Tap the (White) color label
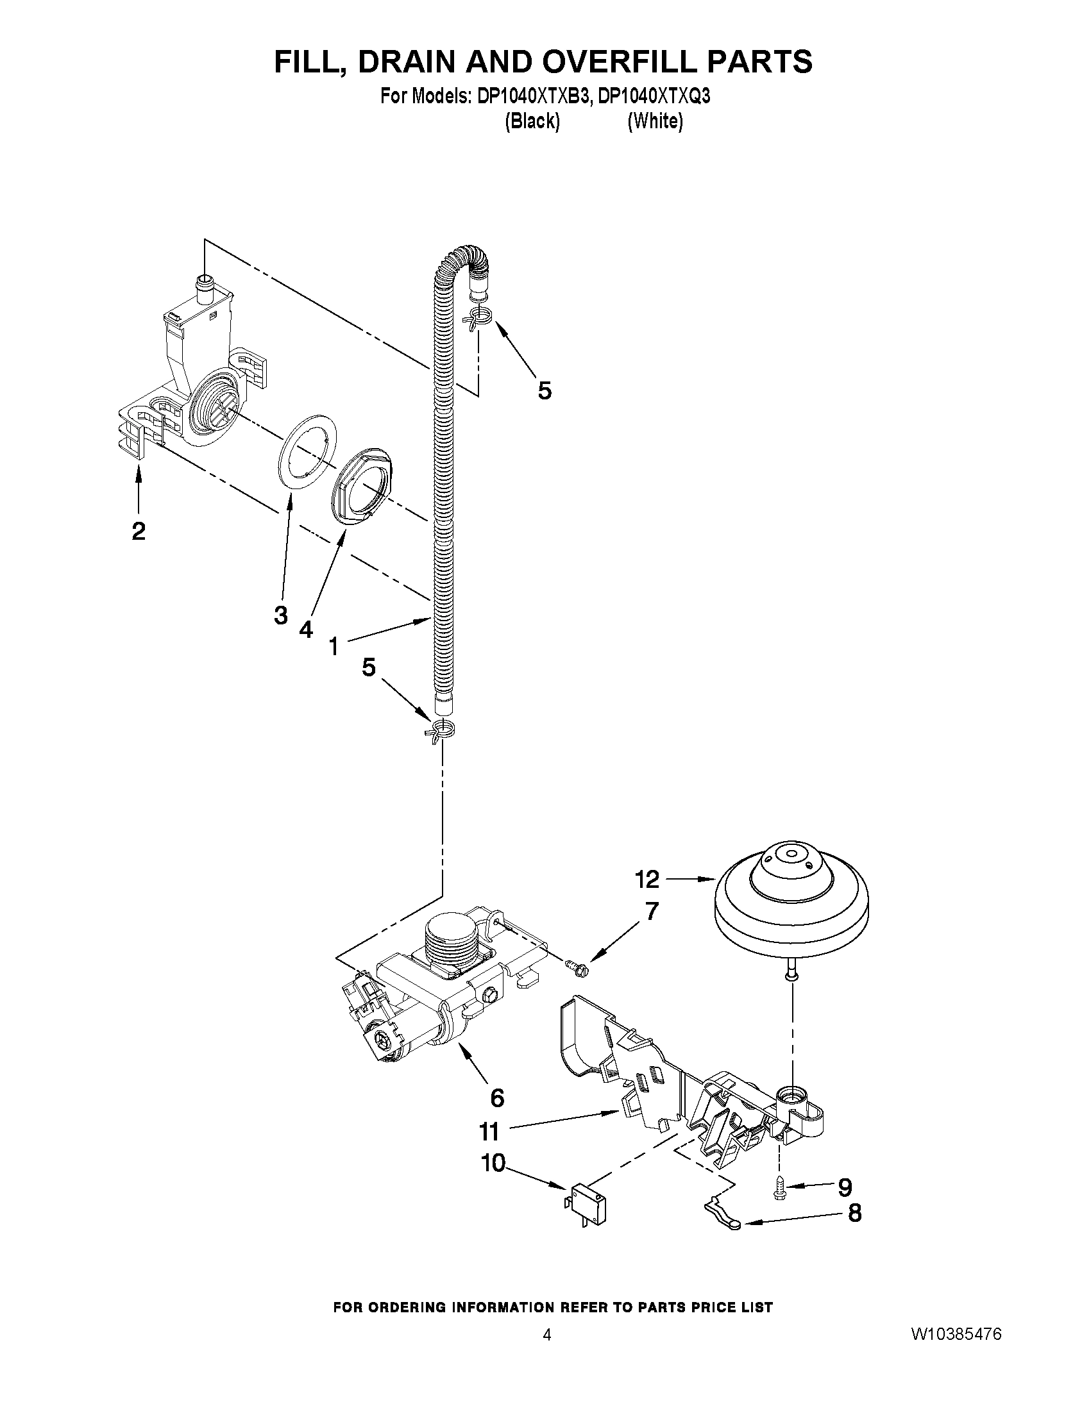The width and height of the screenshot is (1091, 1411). tap(655, 121)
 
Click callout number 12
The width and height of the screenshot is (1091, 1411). tap(647, 880)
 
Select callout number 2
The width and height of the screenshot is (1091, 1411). tap(138, 531)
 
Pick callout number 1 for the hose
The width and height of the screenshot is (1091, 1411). tap(334, 646)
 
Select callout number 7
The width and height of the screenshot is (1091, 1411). tap(651, 911)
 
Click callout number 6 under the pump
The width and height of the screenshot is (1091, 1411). tap(496, 1098)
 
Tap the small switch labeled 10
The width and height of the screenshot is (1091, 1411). tap(586, 1198)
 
